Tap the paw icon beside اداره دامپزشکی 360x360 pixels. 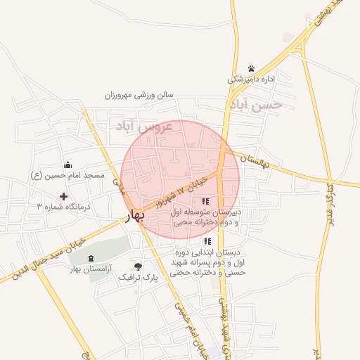click(x=251, y=68)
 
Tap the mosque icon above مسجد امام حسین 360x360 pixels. click(x=67, y=164)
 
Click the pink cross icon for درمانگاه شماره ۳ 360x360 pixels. click(x=64, y=195)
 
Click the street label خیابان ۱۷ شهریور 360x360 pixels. click(x=182, y=191)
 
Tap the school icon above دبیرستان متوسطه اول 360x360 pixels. click(x=205, y=202)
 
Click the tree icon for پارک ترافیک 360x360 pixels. click(x=138, y=266)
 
